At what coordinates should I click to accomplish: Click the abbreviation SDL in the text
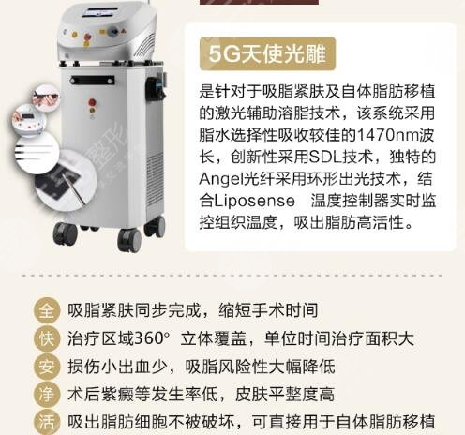pos(320,157)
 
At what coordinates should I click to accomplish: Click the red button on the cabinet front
pos(88,43)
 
